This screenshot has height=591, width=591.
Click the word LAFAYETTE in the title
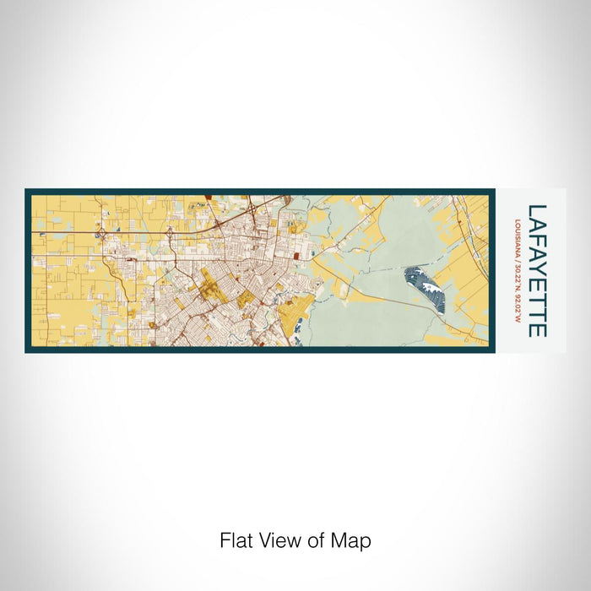[x=536, y=269]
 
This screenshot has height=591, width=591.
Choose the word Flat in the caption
[x=236, y=539]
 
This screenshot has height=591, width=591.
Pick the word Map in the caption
[x=353, y=539]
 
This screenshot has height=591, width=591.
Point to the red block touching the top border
[x=207, y=197]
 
